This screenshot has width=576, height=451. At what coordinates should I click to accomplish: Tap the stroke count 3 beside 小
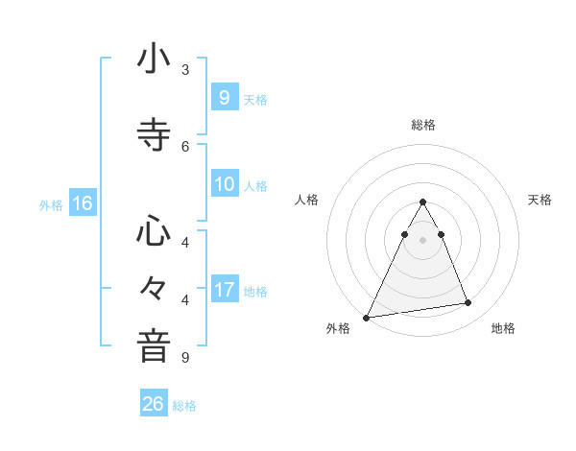pyautogui.click(x=185, y=69)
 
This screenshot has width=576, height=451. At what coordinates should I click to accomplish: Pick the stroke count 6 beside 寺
pyautogui.click(x=185, y=146)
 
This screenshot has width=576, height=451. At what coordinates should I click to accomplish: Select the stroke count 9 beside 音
pyautogui.click(x=185, y=358)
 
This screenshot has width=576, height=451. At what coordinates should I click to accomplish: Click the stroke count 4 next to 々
pyautogui.click(x=185, y=300)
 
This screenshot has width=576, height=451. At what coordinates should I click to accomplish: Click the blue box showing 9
pyautogui.click(x=224, y=97)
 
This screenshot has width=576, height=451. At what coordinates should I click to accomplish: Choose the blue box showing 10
pyautogui.click(x=224, y=184)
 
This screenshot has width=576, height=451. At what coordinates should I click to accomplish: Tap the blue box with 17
pyautogui.click(x=224, y=289)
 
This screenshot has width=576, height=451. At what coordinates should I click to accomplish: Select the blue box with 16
pyautogui.click(x=82, y=203)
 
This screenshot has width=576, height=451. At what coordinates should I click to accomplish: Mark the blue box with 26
pyautogui.click(x=154, y=404)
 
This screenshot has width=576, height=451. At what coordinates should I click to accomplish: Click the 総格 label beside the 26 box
pyautogui.click(x=185, y=406)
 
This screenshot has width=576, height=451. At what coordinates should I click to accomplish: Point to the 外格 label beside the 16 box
pyautogui.click(x=51, y=205)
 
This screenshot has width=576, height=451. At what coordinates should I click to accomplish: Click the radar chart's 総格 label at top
pyautogui.click(x=423, y=125)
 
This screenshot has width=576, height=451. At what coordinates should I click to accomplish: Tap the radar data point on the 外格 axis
pyautogui.click(x=367, y=317)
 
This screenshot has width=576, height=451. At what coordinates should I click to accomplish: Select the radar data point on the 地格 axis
pyautogui.click(x=468, y=303)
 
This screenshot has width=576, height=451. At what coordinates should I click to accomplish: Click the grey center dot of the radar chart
pyautogui.click(x=423, y=240)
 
